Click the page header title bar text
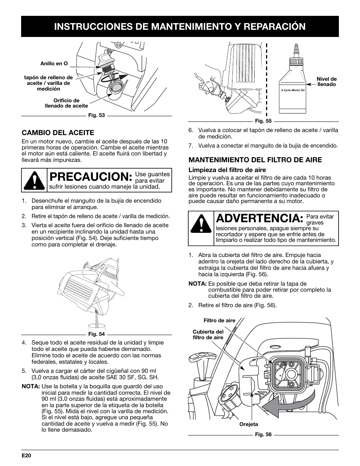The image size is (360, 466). pos(180,26)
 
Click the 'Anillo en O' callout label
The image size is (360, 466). pos(54,64)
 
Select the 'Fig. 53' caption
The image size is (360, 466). pos(96,115)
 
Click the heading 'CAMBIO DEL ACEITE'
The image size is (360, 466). pos(58,132)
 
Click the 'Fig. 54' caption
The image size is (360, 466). pos(96,334)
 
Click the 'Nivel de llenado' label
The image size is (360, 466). pos(326,82)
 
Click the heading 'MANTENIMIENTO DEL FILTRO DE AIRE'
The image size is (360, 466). pos(255,160)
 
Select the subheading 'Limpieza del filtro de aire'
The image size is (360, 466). pos(227,170)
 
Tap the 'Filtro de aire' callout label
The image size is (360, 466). pos(219,320)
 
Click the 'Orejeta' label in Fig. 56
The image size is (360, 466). pos(249,424)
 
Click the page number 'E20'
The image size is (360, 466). pos(26,455)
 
